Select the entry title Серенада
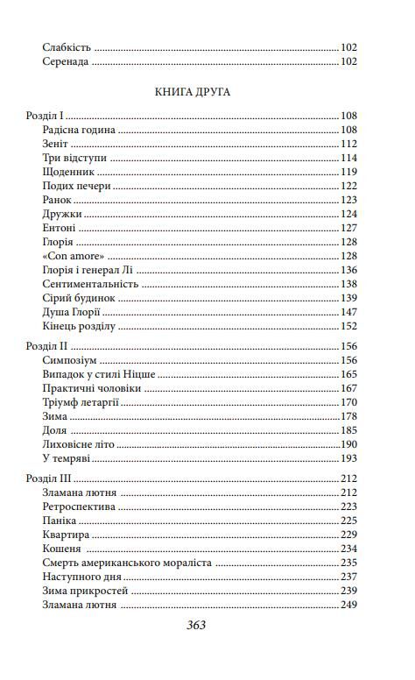pyautogui.click(x=66, y=62)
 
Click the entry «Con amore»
pyautogui.click(x=72, y=255)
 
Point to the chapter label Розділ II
pyautogui.click(x=46, y=346)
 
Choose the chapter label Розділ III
pyautogui.click(x=47, y=478)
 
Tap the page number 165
pyautogui.click(x=349, y=374)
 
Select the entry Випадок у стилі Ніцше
pyautogui.click(x=99, y=374)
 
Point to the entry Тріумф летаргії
pyautogui.click(x=81, y=402)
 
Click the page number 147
pyautogui.click(x=349, y=311)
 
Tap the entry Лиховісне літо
pyautogui.click(x=76, y=444)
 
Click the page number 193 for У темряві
pyautogui.click(x=349, y=458)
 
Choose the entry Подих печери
pyautogui.click(x=76, y=186)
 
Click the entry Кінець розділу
pyautogui.click(x=79, y=325)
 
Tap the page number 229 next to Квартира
pyautogui.click(x=349, y=535)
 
